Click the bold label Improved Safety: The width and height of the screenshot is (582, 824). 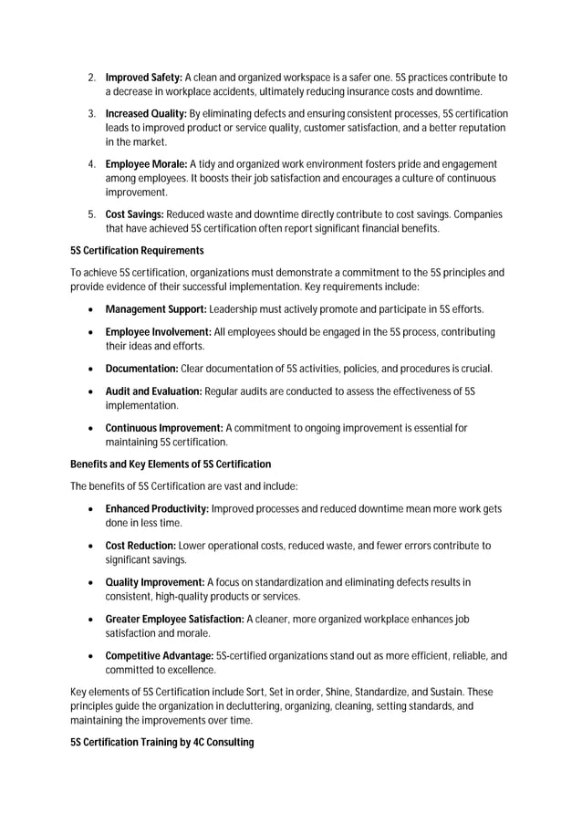pos(145,78)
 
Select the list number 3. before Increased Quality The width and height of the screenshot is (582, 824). pos(92,113)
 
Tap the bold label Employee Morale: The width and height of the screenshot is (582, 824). pos(146,163)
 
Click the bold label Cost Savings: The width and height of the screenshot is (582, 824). pos(135,214)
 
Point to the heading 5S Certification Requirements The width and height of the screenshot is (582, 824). pos(137,250)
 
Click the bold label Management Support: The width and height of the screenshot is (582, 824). pos(156,308)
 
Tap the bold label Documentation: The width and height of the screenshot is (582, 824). pos(141,369)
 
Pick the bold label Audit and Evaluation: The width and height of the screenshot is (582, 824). pos(153,391)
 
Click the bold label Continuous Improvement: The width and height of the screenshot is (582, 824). pos(164,428)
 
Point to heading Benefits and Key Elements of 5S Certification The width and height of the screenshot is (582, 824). pos(171,464)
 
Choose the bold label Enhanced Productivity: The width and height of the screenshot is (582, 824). pos(157,508)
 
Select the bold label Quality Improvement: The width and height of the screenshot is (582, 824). pos(155,582)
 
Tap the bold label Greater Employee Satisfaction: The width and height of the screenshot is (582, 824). pos(174,619)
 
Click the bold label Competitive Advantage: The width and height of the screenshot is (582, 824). pos(160,655)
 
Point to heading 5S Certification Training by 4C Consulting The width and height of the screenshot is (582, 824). pos(161,742)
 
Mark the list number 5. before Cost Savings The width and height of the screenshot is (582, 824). pos(92,214)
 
